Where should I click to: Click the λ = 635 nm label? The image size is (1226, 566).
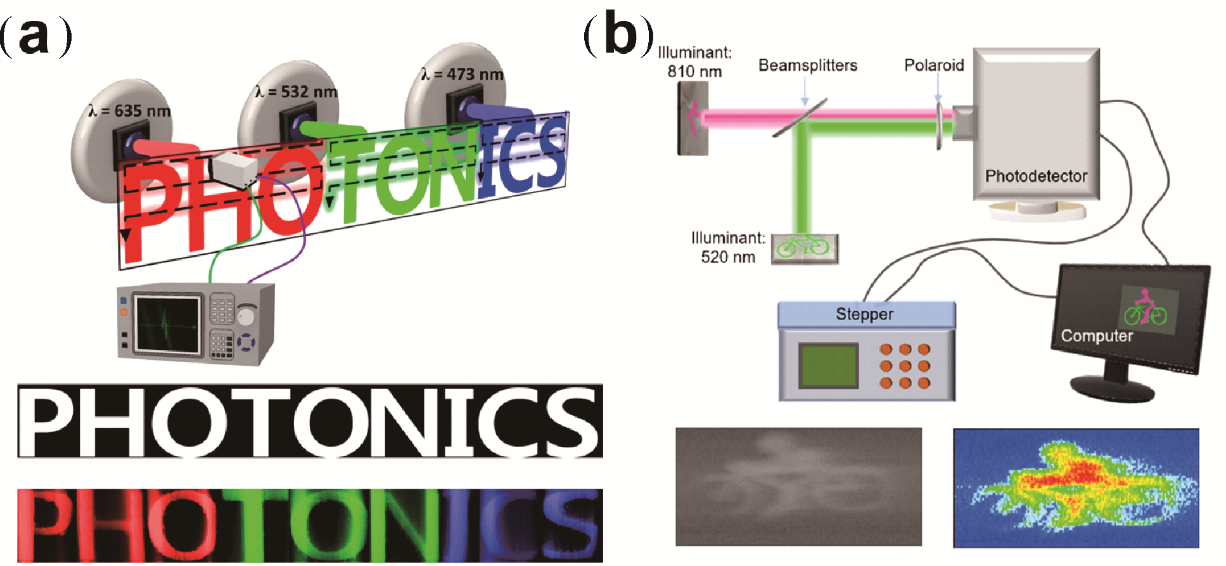pyautogui.click(x=130, y=112)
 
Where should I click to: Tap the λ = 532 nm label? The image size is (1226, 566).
pyautogui.click(x=297, y=93)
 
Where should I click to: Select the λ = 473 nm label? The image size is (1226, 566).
pyautogui.click(x=463, y=75)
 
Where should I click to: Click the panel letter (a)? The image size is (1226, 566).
pyautogui.click(x=35, y=37)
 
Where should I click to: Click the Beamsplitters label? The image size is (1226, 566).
pyautogui.click(x=807, y=66)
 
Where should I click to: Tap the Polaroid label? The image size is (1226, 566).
pyautogui.click(x=933, y=65)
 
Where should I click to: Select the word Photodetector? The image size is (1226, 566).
pyautogui.click(x=1036, y=176)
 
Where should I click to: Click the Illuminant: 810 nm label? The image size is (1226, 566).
pyautogui.click(x=694, y=62)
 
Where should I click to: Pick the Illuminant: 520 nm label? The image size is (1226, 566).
pyautogui.click(x=728, y=247)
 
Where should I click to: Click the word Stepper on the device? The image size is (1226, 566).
pyautogui.click(x=864, y=314)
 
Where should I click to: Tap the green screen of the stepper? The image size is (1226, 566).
pyautogui.click(x=828, y=366)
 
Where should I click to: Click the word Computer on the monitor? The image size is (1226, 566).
pyautogui.click(x=1097, y=336)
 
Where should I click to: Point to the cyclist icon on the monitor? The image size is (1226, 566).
pyautogui.click(x=1144, y=307)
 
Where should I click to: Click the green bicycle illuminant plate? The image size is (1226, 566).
pyautogui.click(x=804, y=248)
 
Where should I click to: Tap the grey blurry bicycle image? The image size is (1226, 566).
pyautogui.click(x=798, y=487)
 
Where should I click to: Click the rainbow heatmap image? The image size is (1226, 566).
pyautogui.click(x=1076, y=487)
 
